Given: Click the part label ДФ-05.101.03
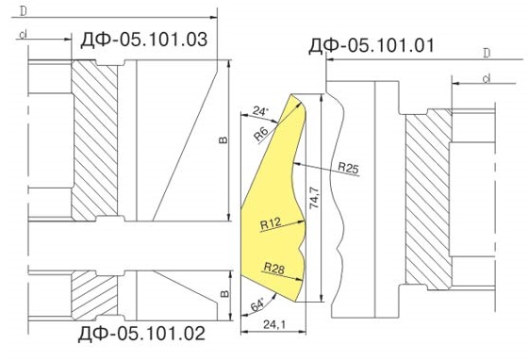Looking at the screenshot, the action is point(143,40).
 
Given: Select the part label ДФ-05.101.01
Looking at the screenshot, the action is point(372,45).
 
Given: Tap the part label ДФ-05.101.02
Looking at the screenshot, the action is point(141,334).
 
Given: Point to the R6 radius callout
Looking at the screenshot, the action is point(261,134).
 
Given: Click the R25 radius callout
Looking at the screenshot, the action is point(348,168).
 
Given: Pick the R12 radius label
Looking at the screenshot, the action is point(271,223).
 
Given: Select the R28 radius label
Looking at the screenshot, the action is point(274,268).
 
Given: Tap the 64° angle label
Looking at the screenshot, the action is point(257,305).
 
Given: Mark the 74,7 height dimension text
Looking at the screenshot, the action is point(314,198).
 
